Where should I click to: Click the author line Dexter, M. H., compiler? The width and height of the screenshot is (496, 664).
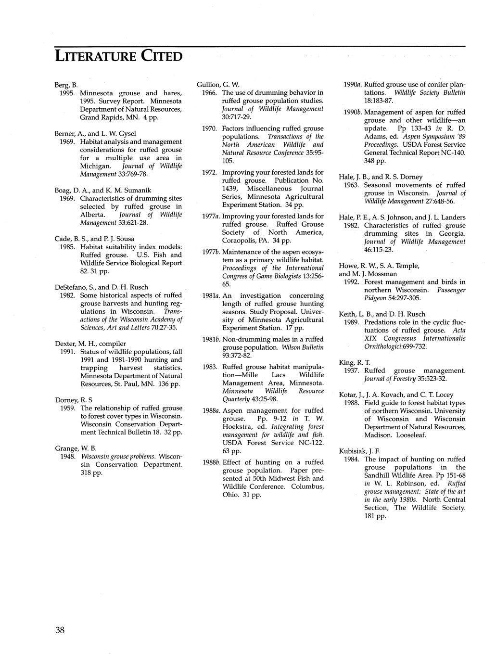coord(91,344)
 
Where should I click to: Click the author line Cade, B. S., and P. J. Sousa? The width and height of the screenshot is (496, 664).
coord(95,239)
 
